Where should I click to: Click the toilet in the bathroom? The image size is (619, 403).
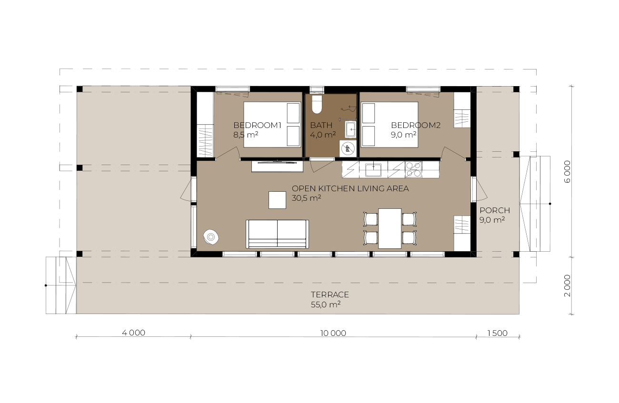click(317, 104)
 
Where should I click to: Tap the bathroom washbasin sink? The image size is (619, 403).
click(350, 129)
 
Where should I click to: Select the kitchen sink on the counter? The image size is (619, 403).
click(373, 170)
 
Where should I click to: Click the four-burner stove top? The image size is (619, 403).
click(413, 169)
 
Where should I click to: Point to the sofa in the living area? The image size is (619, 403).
click(278, 234)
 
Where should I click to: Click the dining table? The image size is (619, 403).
click(390, 228)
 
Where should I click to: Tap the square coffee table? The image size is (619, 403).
click(277, 200)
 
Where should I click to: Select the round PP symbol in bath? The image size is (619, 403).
click(348, 148)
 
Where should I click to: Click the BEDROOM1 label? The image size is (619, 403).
click(257, 125)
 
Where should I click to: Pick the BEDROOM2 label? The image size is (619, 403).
click(416, 125)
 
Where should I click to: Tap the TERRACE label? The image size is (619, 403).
click(329, 295)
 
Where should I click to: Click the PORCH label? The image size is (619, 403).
click(495, 210)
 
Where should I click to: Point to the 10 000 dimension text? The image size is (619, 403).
click(333, 333)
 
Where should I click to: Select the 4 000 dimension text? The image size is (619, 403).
click(133, 333)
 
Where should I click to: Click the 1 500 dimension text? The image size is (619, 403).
click(497, 333)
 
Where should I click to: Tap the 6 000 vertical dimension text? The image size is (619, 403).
click(567, 172)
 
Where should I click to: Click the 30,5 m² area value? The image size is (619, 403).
click(306, 198)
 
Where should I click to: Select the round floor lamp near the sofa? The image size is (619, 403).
click(211, 237)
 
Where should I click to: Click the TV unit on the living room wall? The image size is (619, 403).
click(277, 166)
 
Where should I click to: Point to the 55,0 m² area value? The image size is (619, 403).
click(326, 305)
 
